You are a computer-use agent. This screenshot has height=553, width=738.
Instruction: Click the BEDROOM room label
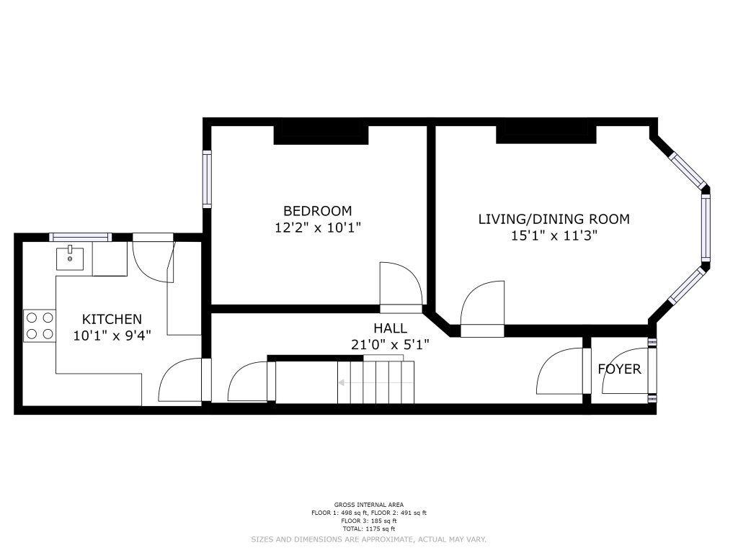click(x=317, y=211)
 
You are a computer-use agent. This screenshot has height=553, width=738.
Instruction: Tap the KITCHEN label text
click(x=112, y=319)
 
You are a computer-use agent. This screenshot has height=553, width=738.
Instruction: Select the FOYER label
click(x=619, y=369)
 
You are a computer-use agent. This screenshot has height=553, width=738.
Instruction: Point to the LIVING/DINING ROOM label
click(x=554, y=219)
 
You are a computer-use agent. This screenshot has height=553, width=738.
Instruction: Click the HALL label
click(x=390, y=328)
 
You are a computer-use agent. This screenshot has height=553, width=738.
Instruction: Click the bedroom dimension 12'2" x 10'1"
click(x=318, y=228)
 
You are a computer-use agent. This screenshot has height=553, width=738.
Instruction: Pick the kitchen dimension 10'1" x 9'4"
click(x=112, y=336)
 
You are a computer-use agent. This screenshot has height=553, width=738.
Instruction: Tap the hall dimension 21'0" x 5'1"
click(x=390, y=345)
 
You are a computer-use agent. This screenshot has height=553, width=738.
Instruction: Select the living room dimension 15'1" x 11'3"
click(x=554, y=235)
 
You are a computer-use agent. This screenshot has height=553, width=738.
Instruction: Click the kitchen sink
click(x=70, y=258)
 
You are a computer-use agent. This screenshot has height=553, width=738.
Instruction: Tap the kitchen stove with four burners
click(x=40, y=326)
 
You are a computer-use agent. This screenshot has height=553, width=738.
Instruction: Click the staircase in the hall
click(x=375, y=381)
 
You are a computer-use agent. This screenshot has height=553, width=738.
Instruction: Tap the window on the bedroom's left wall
click(x=207, y=179)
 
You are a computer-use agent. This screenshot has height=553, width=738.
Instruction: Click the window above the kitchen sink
click(x=81, y=237)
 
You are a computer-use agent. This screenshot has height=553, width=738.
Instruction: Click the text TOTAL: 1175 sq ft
click(x=369, y=529)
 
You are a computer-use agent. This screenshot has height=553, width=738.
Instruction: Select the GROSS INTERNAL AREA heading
click(x=369, y=505)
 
